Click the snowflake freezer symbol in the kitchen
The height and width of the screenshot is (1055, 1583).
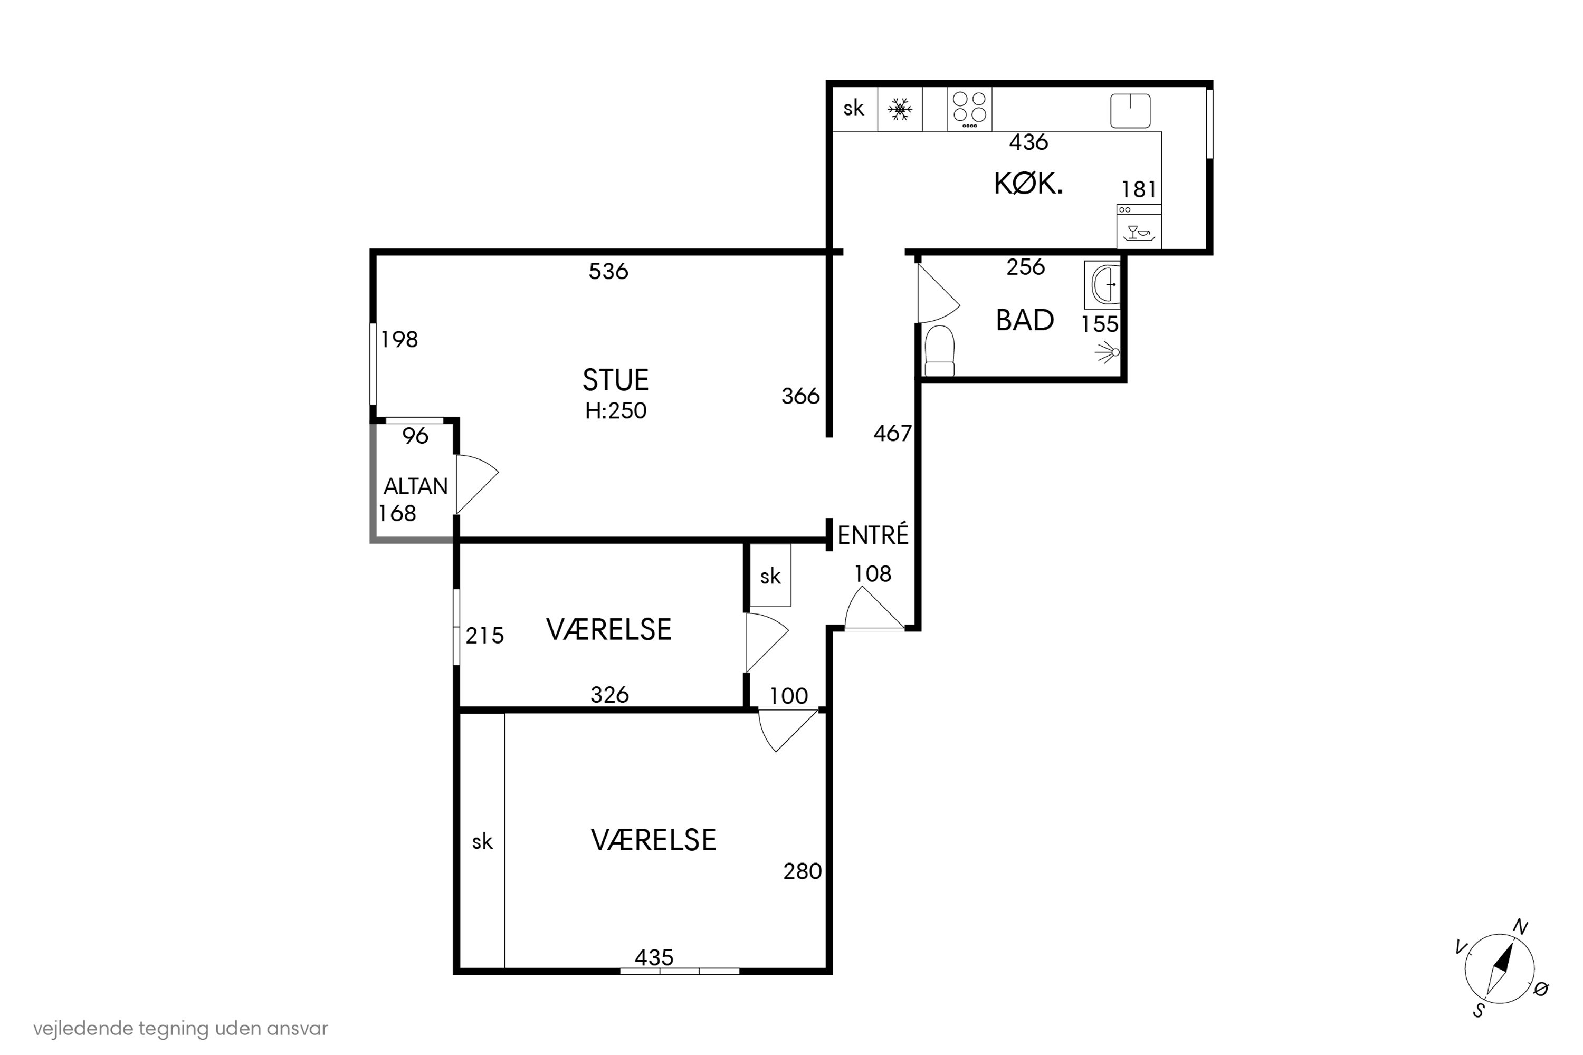tap(900, 109)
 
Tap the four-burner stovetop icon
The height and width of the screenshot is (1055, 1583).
tap(969, 109)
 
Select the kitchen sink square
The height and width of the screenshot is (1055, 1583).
tap(1130, 111)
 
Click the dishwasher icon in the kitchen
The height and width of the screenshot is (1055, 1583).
tap(1139, 227)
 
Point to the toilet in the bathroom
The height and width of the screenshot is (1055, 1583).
tap(940, 351)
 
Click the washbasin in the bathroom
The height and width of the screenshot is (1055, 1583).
tap(1102, 285)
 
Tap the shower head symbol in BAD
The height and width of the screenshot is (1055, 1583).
tap(1107, 352)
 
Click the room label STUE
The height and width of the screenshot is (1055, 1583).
tap(615, 380)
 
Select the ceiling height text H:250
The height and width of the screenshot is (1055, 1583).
tap(615, 410)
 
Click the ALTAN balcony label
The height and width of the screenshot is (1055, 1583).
tap(415, 486)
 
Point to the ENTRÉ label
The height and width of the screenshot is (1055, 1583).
tap(873, 534)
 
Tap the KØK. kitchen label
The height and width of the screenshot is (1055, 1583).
tap(1028, 184)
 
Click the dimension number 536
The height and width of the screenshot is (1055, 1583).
tap(608, 271)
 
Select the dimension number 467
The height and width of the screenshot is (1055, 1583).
tap(892, 433)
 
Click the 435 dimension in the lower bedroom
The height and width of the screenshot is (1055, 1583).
tap(654, 957)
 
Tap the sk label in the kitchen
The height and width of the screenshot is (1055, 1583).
tap(853, 108)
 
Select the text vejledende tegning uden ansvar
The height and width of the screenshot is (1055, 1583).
tap(180, 1028)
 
